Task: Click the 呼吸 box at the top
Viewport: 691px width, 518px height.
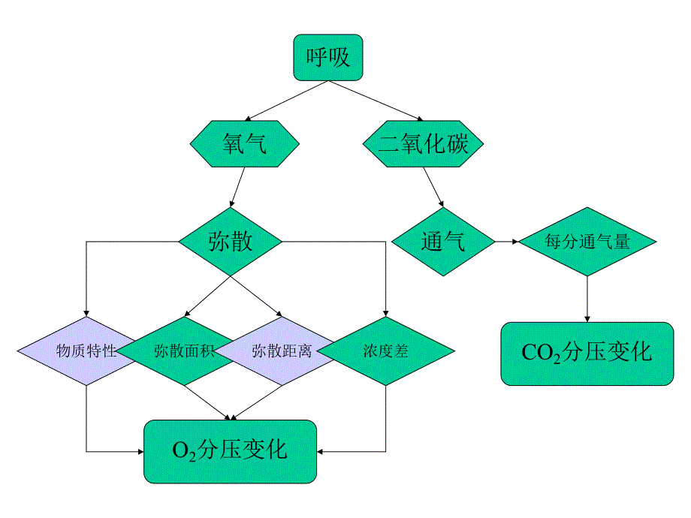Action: click(327, 57)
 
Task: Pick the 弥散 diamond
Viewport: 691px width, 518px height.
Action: click(230, 242)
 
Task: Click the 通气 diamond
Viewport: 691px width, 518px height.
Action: click(443, 242)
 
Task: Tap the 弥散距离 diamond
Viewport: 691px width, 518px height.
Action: click(282, 351)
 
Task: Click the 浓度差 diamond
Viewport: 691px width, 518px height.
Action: click(386, 351)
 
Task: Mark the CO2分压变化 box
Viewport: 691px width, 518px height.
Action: click(587, 354)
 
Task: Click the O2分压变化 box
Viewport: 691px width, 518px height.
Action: click(230, 450)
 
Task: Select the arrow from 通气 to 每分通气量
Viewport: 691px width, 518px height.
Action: click(507, 242)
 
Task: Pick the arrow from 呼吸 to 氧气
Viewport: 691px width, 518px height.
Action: click(285, 101)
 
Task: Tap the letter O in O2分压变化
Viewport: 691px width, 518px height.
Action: click(180, 450)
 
